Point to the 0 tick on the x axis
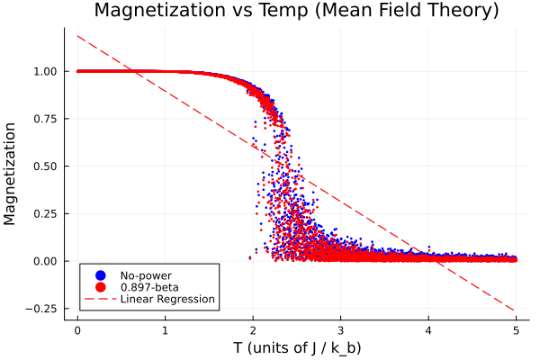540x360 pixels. [x=77, y=329]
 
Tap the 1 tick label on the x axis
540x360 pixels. [x=166, y=329]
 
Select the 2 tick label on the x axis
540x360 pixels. [x=253, y=329]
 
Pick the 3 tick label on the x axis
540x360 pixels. [x=340, y=329]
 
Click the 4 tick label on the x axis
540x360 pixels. [x=428, y=329]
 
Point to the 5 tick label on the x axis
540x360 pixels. [x=516, y=329]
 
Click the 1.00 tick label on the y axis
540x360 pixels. [x=46, y=71]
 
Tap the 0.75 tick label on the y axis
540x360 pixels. [x=46, y=119]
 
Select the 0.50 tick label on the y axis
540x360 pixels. [x=46, y=166]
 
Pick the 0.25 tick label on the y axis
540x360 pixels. [x=46, y=213]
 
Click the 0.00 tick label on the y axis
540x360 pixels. [x=46, y=261]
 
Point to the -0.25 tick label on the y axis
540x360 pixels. [x=43, y=309]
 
